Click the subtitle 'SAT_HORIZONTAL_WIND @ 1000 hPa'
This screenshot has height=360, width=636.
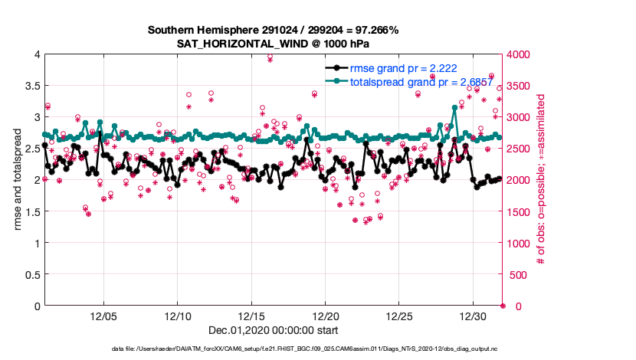pos(274,44)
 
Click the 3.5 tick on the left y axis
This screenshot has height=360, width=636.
pos(31,86)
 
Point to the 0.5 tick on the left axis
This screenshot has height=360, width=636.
pos(31,274)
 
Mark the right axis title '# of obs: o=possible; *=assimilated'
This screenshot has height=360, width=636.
pos(542,180)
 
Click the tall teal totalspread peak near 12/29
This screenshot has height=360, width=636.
pos(455,108)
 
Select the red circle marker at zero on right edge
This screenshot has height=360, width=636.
pos(503,306)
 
